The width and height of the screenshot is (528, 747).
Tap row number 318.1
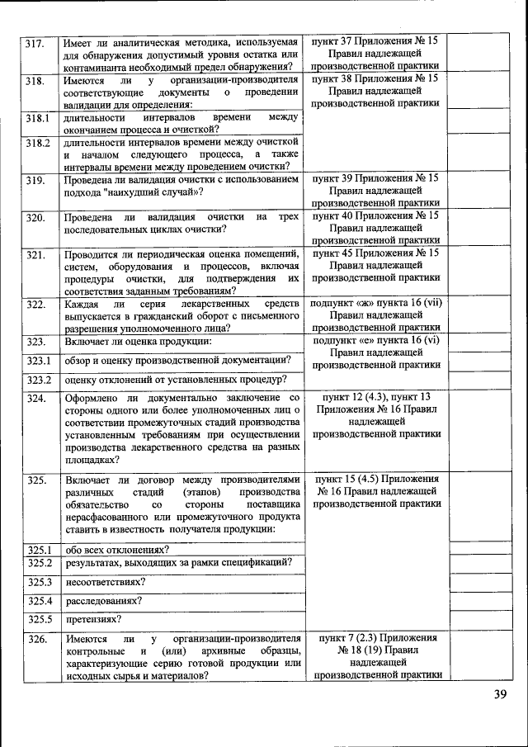coord(37,119)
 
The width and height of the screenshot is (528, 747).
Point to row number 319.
coord(35,179)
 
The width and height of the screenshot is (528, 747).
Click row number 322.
coord(35,305)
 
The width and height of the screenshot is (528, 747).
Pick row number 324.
coord(35,399)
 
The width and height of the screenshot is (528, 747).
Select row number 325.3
coord(39,582)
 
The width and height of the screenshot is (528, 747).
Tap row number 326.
coord(35,640)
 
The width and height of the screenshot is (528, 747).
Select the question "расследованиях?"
coord(103,601)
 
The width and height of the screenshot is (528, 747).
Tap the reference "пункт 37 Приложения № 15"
coord(375,40)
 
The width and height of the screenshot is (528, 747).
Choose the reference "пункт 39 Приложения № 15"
coord(375,178)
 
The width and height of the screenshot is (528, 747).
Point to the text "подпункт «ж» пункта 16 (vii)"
coord(375,304)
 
